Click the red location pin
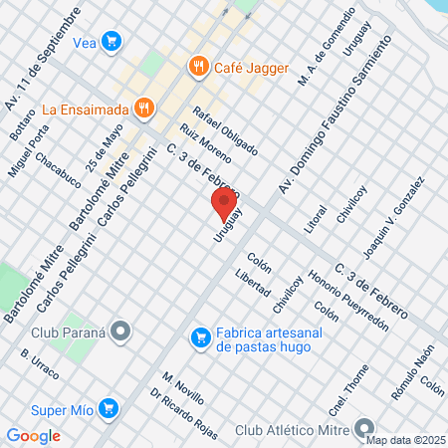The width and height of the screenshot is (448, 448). pyautogui.click(x=224, y=205)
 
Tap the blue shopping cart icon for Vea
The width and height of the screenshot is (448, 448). pyautogui.click(x=112, y=41)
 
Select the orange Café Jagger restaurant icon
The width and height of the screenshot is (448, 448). pyautogui.click(x=198, y=68)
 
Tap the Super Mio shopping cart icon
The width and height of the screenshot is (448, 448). pyautogui.click(x=110, y=407)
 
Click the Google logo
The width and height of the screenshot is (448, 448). pyautogui.click(x=33, y=435)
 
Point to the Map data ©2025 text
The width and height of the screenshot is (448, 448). pyautogui.click(x=406, y=439)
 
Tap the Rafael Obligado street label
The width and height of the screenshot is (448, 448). pyautogui.click(x=225, y=130)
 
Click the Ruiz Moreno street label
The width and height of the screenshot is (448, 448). pyautogui.click(x=206, y=144)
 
